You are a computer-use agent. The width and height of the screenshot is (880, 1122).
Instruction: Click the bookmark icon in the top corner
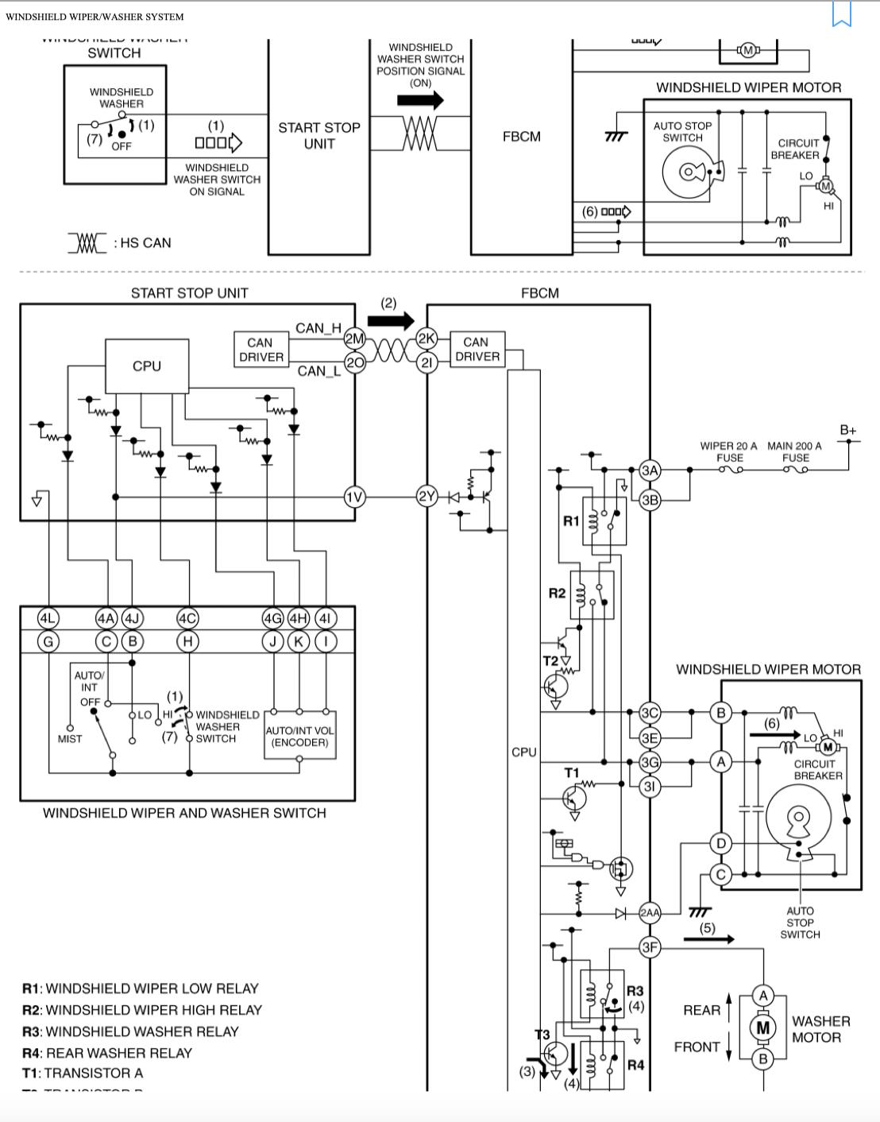pyautogui.click(x=842, y=14)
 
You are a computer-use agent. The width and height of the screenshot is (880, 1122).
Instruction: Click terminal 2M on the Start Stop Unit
pyautogui.click(x=353, y=339)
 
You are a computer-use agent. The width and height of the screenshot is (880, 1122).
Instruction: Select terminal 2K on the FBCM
pyautogui.click(x=427, y=339)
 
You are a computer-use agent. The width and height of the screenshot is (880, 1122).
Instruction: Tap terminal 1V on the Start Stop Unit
pyautogui.click(x=354, y=497)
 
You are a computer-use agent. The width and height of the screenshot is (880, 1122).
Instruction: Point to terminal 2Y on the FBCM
pyautogui.click(x=427, y=497)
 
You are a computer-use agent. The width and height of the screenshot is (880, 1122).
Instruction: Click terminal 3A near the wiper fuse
pyautogui.click(x=650, y=470)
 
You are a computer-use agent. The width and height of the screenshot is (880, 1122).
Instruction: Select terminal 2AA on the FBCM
pyautogui.click(x=650, y=913)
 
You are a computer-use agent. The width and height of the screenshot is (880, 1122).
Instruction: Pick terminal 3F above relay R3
pyautogui.click(x=650, y=947)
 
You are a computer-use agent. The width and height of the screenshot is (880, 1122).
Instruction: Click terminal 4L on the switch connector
pyautogui.click(x=48, y=618)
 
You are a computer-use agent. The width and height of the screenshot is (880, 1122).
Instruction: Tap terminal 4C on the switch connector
pyautogui.click(x=187, y=618)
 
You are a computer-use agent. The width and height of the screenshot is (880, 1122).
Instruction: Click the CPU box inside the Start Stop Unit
pyautogui.click(x=147, y=366)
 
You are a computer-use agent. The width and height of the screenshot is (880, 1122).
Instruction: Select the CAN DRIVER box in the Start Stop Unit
pyautogui.click(x=261, y=350)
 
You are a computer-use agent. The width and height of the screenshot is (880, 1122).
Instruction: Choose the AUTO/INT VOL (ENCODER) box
pyautogui.click(x=299, y=737)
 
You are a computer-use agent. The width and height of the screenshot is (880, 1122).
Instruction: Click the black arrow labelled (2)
pyautogui.click(x=391, y=321)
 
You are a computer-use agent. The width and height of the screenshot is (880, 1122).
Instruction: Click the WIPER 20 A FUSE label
pyautogui.click(x=728, y=451)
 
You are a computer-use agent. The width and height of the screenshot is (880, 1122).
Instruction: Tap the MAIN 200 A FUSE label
pyautogui.click(x=794, y=451)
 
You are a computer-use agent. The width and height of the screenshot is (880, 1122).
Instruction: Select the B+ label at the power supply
pyautogui.click(x=848, y=430)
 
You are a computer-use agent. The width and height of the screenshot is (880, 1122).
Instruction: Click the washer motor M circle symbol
pyautogui.click(x=762, y=1027)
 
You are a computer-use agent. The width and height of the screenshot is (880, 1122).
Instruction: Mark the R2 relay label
pyautogui.click(x=557, y=594)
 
